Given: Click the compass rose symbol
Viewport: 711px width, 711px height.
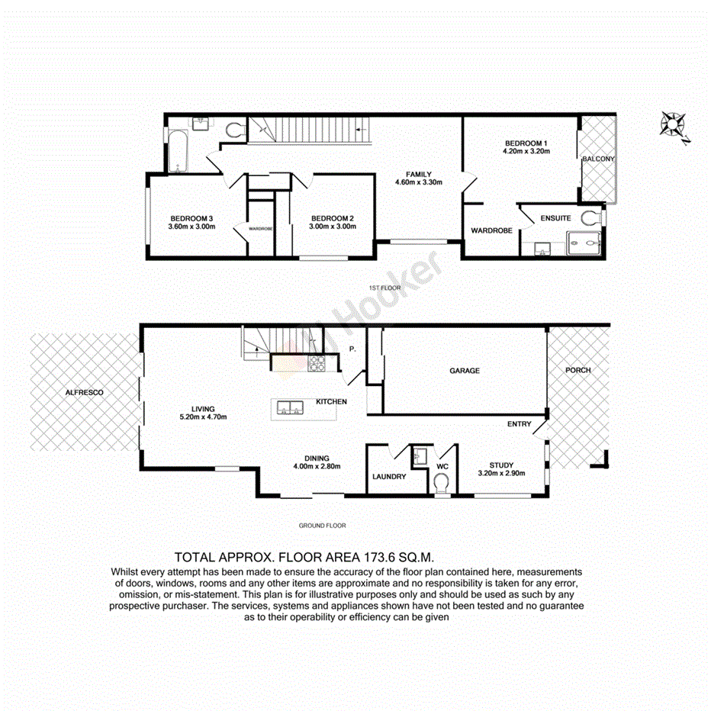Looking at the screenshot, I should (x=674, y=125).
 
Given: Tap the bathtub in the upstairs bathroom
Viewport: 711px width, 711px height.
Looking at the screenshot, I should (x=176, y=150).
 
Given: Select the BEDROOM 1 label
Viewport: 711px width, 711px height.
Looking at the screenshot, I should (x=526, y=143).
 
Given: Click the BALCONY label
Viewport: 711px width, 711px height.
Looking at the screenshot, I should (x=598, y=159).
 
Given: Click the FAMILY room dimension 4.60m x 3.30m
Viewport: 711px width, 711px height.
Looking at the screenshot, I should (x=419, y=182).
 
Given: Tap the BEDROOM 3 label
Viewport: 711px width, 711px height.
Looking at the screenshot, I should (x=191, y=217).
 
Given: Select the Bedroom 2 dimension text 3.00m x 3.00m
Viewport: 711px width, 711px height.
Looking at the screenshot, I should (x=332, y=226).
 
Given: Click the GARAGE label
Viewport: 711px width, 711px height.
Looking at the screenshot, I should (x=464, y=371).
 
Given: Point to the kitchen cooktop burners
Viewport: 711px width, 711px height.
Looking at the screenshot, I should (x=317, y=364).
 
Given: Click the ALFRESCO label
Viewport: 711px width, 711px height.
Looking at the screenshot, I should (x=84, y=391).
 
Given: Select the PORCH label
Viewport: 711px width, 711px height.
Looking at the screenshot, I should (x=577, y=370).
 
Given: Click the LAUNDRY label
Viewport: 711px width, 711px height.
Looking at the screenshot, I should (x=389, y=477).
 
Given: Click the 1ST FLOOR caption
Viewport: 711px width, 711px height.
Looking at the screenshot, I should (x=384, y=288).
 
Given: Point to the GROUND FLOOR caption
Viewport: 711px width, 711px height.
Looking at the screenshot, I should (x=323, y=525).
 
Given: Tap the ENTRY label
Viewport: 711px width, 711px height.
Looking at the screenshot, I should (x=520, y=423).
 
